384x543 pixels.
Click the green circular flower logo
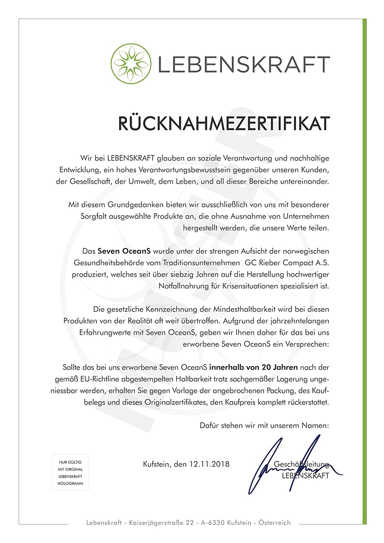[131, 64]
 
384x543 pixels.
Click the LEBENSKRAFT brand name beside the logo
[244, 64]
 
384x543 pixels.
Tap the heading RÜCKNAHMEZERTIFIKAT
[223, 123]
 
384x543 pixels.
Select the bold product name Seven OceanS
[124, 251]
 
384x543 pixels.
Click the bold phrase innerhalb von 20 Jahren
[253, 367]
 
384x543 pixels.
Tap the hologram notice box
[71, 472]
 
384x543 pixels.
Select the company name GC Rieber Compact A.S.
[287, 262]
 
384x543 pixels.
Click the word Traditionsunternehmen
[201, 262]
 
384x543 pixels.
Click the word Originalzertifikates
[175, 402]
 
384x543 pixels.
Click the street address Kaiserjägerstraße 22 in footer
[161, 522]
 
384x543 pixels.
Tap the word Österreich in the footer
[274, 522]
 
